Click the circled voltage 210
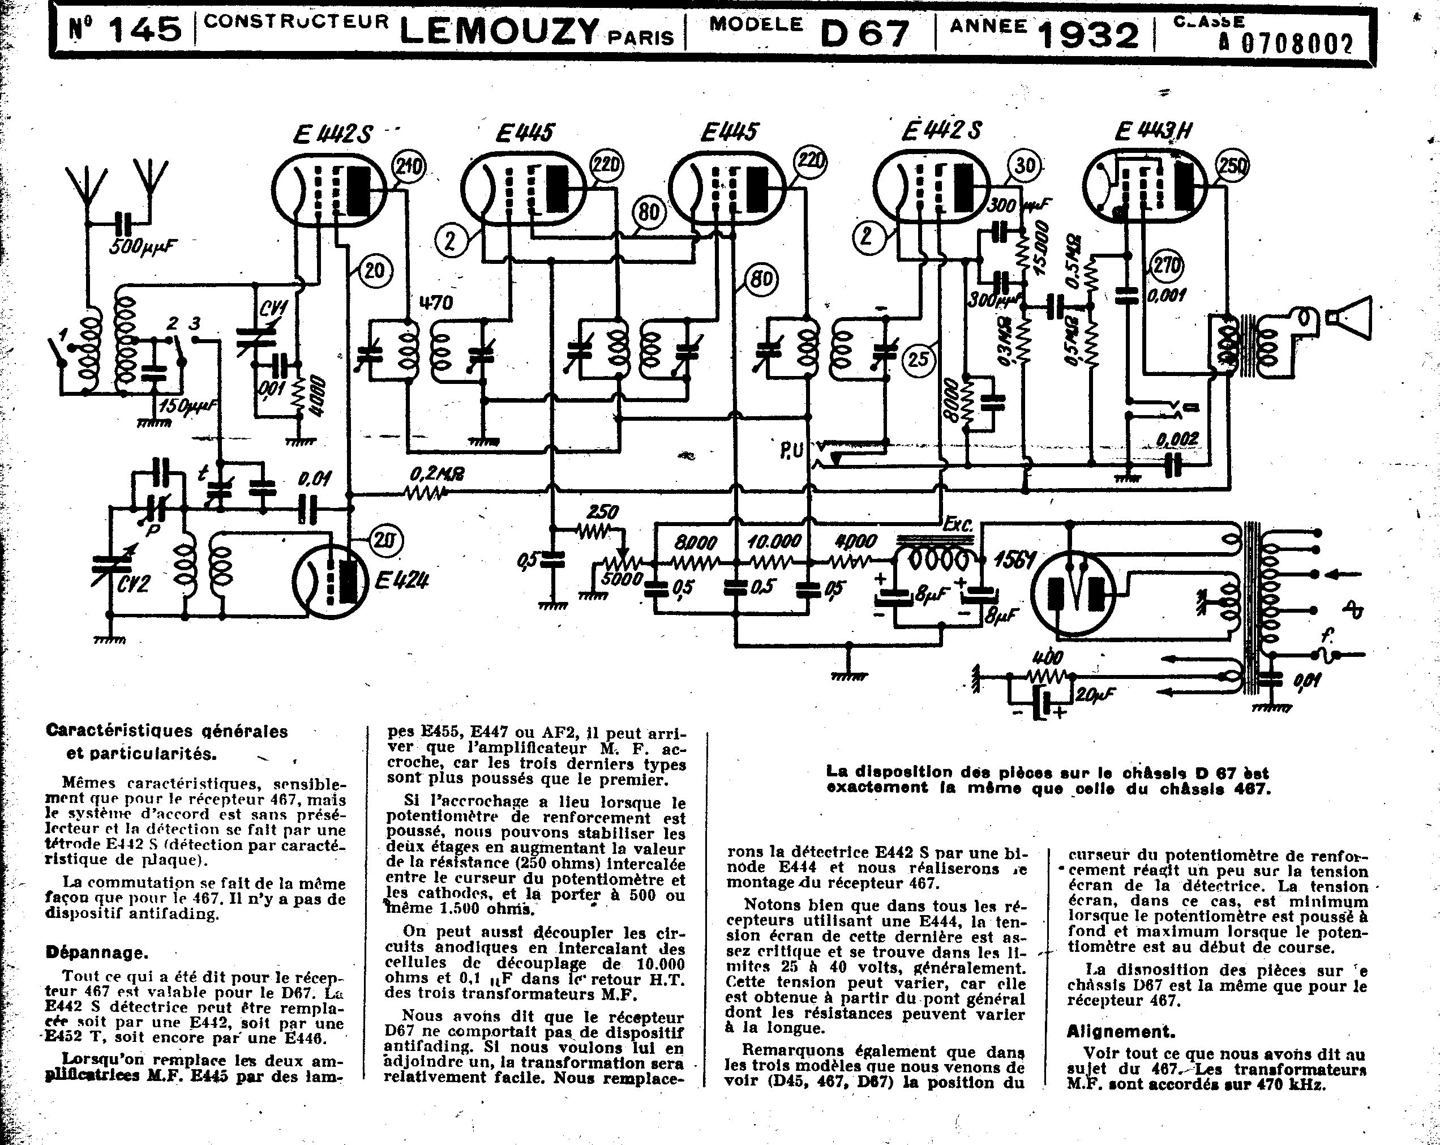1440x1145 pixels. point(409,166)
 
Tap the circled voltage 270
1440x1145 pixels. point(1165,267)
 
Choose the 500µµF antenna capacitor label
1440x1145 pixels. point(144,246)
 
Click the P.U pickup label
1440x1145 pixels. point(791,451)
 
